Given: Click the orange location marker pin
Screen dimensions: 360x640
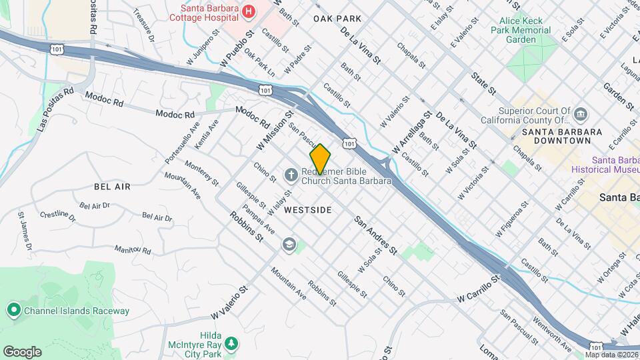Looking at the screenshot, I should pyautogui.click(x=321, y=159).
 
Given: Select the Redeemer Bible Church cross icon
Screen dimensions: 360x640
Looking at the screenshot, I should pyautogui.click(x=291, y=175).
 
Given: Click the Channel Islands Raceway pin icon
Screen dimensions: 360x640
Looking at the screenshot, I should pyautogui.click(x=13, y=310).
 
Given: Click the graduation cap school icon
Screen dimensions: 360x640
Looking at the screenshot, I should pyautogui.click(x=288, y=244).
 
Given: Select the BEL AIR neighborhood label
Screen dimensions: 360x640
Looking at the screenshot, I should pyautogui.click(x=112, y=187).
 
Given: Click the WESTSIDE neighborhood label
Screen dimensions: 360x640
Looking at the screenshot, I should pyautogui.click(x=307, y=210).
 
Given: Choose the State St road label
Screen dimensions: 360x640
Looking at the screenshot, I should pyautogui.click(x=484, y=83).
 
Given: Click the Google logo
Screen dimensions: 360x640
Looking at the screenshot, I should pyautogui.click(x=22, y=352).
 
